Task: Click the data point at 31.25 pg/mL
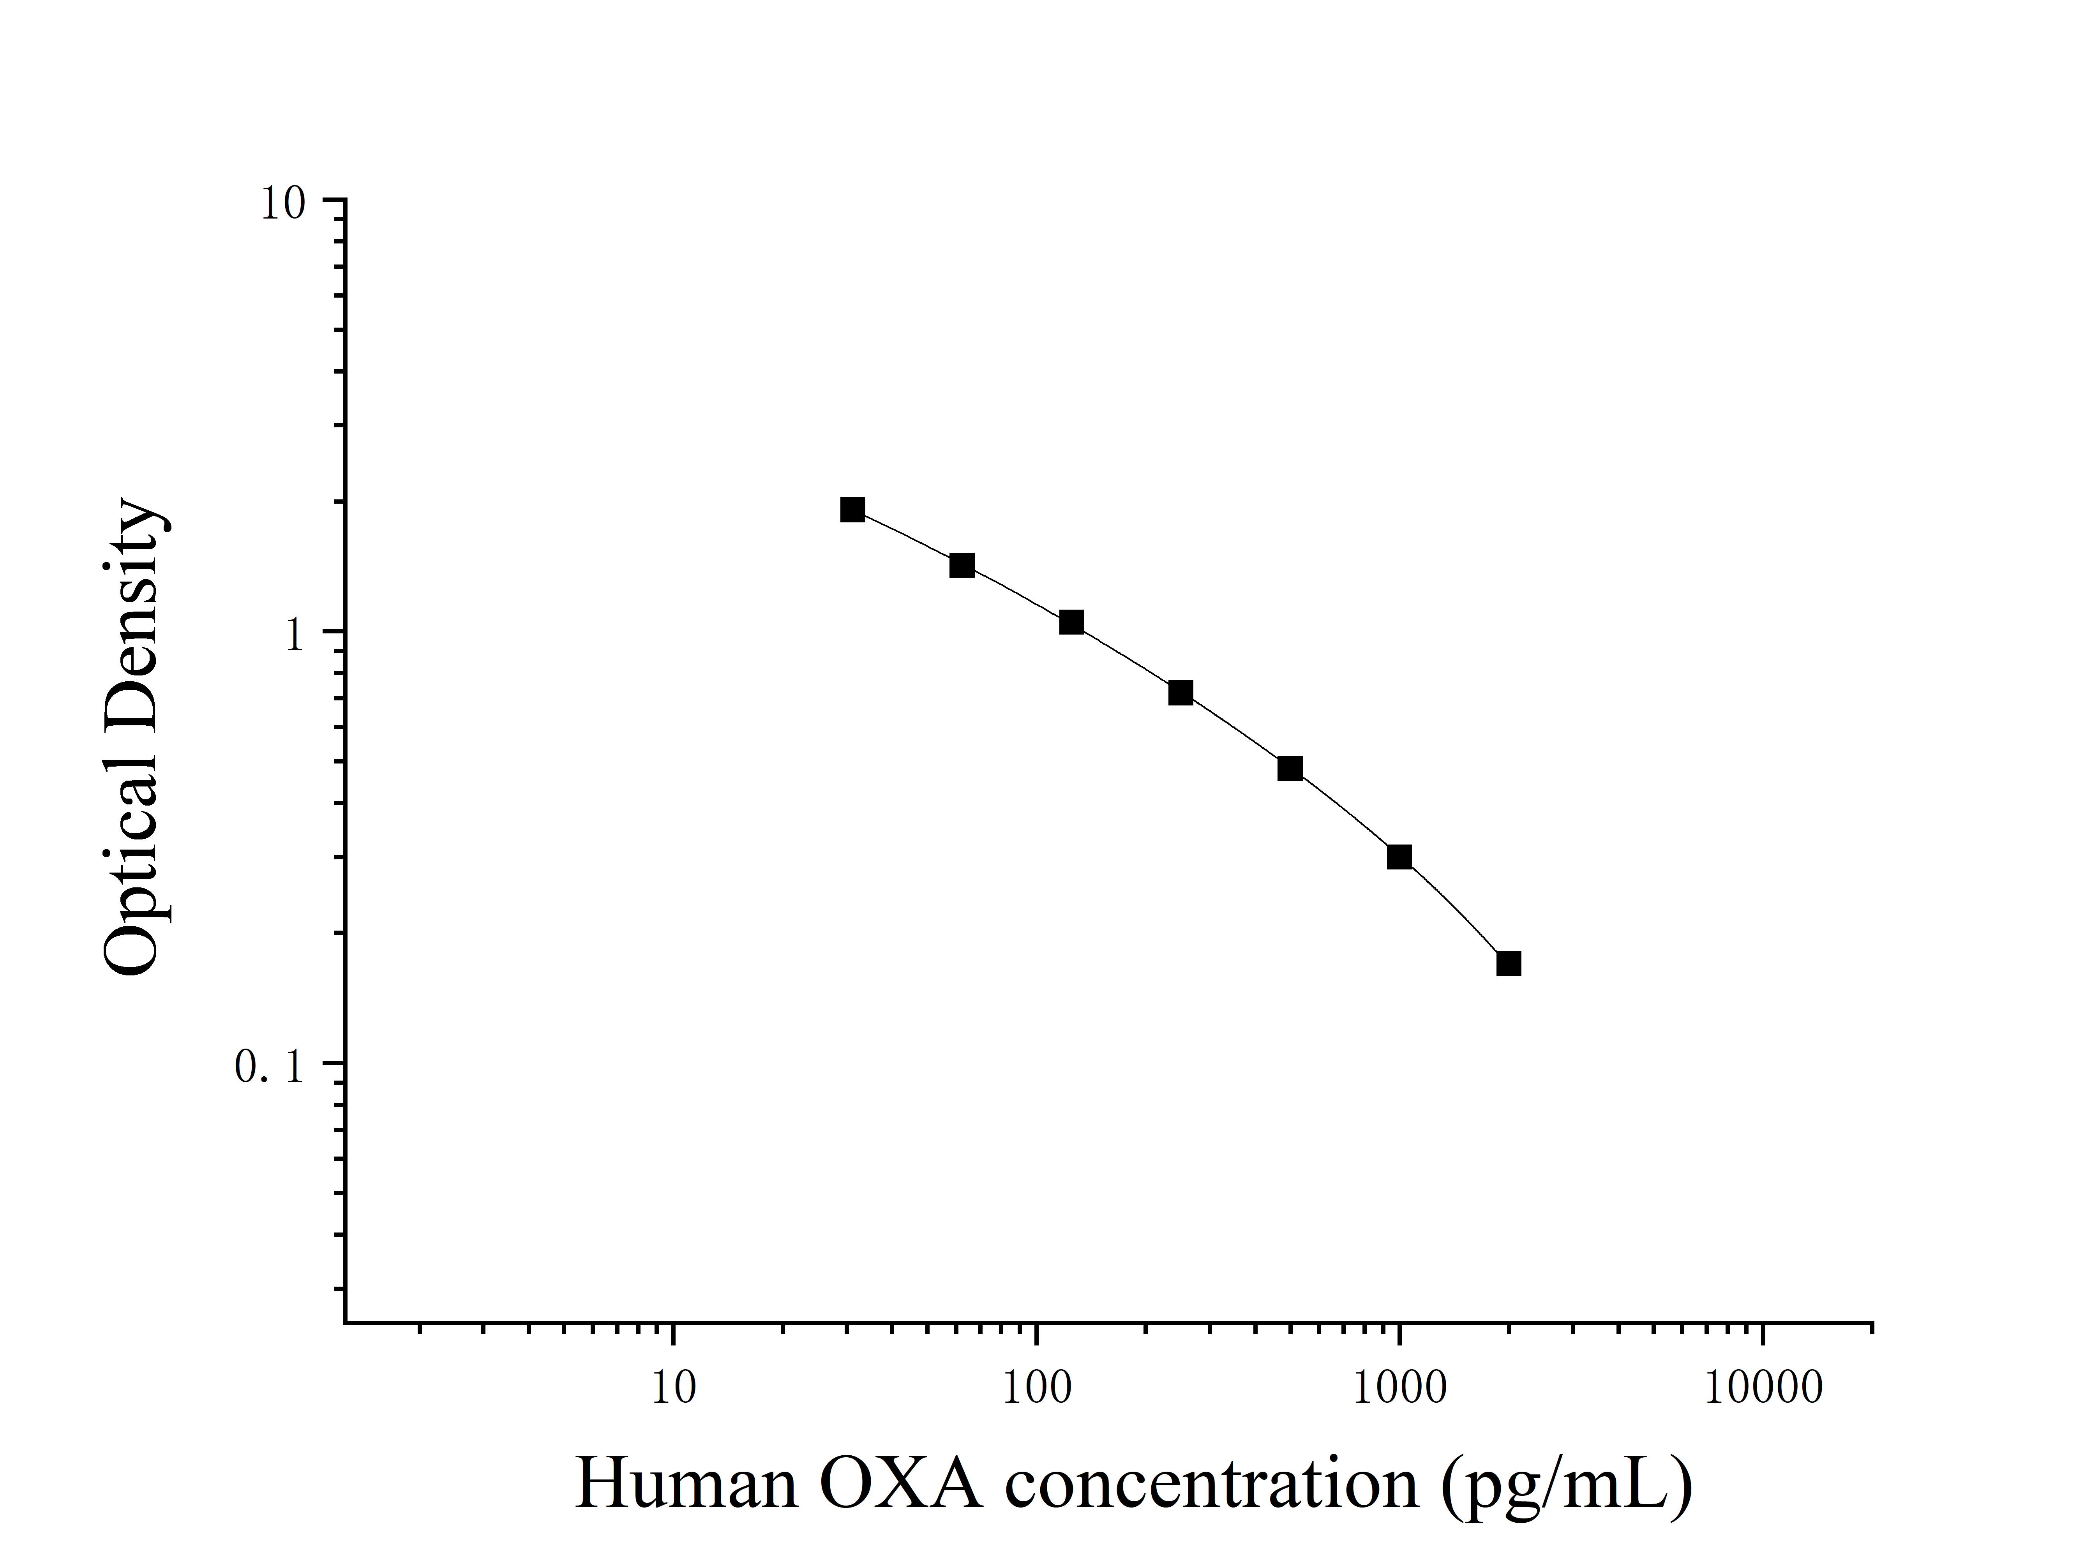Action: coord(852,510)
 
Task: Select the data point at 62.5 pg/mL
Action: coord(962,565)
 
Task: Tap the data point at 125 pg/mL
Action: coord(1071,622)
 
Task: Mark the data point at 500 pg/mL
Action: coord(1290,769)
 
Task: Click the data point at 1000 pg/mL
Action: coord(1399,857)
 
